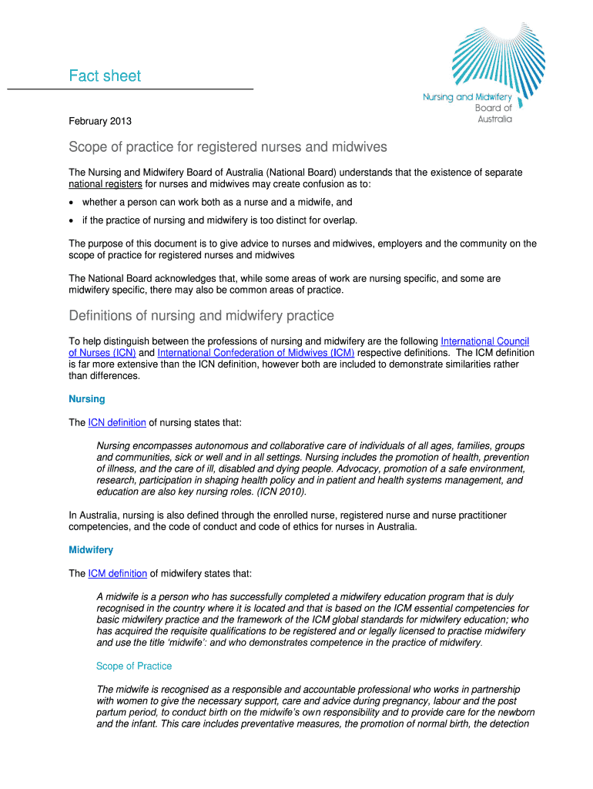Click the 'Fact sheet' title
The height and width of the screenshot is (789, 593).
(x=105, y=76)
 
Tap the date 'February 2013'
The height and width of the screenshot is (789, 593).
(x=100, y=121)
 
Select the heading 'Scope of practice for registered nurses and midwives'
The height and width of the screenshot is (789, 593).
(x=228, y=146)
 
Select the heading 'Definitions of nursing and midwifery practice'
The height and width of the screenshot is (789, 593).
(x=201, y=316)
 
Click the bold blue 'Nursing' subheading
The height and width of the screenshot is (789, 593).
(x=87, y=399)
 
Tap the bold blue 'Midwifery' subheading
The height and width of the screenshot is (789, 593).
(x=91, y=550)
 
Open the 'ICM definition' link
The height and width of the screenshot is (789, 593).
(x=118, y=573)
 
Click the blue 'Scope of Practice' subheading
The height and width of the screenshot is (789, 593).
(x=134, y=666)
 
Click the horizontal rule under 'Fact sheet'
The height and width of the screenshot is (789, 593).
(x=130, y=90)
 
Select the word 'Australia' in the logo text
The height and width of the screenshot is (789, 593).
(x=494, y=119)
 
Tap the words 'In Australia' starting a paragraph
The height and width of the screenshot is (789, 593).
(x=93, y=515)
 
